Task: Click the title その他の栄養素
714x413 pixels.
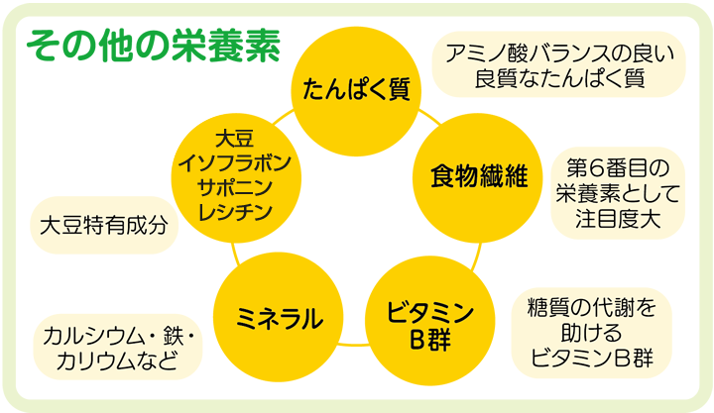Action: (154, 45)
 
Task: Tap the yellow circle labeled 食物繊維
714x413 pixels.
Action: (476, 175)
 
